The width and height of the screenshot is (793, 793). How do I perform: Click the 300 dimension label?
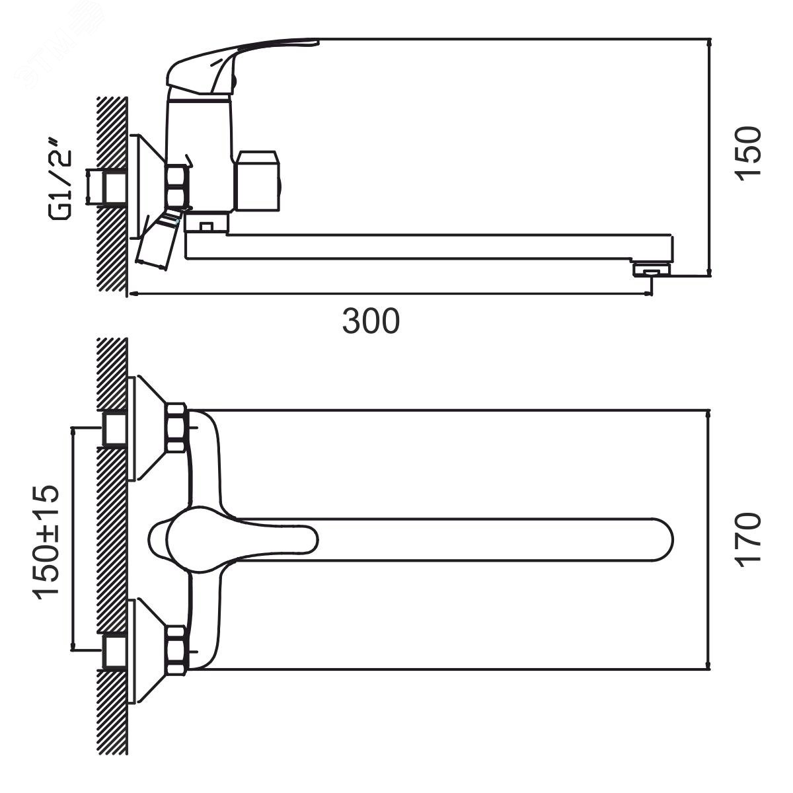click(x=371, y=321)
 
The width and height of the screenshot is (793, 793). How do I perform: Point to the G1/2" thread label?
click(x=61, y=180)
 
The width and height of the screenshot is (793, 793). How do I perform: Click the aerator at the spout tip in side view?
click(x=652, y=270)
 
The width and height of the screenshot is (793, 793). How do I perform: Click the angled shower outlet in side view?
click(x=159, y=241)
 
